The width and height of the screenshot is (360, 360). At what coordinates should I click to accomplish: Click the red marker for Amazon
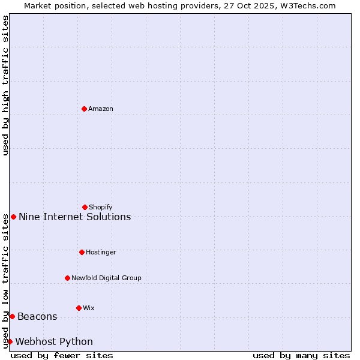pyautogui.click(x=84, y=109)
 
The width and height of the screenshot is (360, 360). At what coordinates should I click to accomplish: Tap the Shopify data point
pyautogui.click(x=85, y=207)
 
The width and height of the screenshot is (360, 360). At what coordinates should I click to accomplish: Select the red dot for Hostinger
pyautogui.click(x=82, y=252)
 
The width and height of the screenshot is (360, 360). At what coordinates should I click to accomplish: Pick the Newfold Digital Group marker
pyautogui.click(x=67, y=278)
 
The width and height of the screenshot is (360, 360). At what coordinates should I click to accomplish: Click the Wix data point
pyautogui.click(x=79, y=308)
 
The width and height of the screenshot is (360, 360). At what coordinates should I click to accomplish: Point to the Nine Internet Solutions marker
pyautogui.click(x=14, y=217)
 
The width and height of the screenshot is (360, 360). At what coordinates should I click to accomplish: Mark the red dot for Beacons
pyautogui.click(x=12, y=316)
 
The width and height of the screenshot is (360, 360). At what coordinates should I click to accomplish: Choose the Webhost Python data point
pyautogui.click(x=10, y=341)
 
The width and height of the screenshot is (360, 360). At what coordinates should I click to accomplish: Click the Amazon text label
pyautogui.click(x=101, y=109)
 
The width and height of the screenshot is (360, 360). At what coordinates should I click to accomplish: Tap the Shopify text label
pyautogui.click(x=101, y=207)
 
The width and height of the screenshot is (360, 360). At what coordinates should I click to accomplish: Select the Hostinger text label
pyautogui.click(x=101, y=252)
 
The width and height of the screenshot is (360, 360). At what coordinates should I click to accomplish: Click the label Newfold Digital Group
pyautogui.click(x=106, y=278)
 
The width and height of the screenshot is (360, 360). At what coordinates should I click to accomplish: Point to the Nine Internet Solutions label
pyautogui.click(x=74, y=217)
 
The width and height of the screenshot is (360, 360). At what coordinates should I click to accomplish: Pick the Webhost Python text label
pyautogui.click(x=54, y=341)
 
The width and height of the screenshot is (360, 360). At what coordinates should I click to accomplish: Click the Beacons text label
pyautogui.click(x=37, y=316)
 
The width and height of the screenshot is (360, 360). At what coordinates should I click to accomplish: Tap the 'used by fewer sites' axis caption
pyautogui.click(x=62, y=355)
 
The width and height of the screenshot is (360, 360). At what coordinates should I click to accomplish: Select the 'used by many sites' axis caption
pyautogui.click(x=301, y=355)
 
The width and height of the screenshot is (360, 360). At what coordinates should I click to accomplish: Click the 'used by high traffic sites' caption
pyautogui.click(x=5, y=85)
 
